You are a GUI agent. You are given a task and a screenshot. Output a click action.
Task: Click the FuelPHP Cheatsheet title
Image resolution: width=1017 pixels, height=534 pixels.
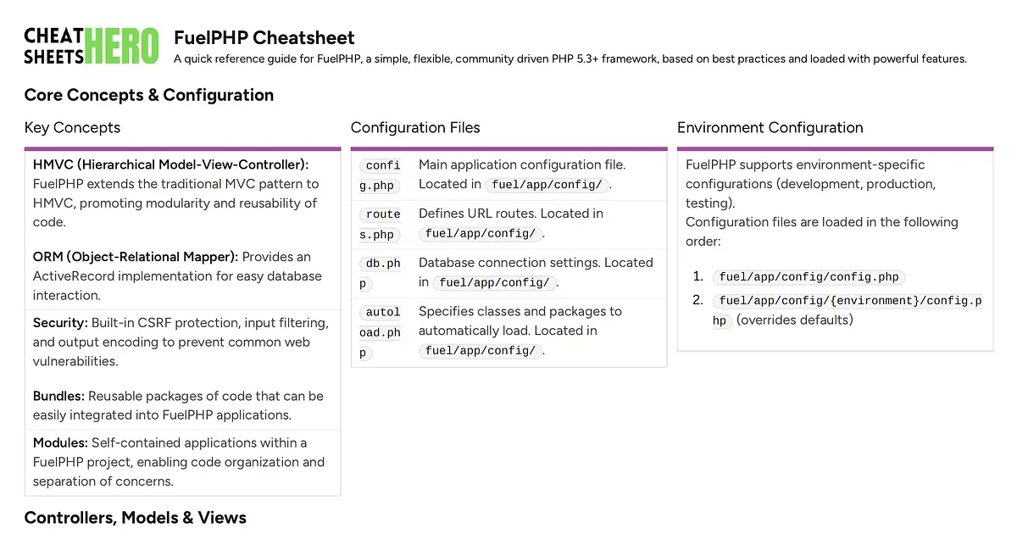pos(264,38)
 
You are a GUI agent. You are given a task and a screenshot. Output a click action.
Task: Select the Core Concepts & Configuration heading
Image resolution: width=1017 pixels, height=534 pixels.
pos(148,95)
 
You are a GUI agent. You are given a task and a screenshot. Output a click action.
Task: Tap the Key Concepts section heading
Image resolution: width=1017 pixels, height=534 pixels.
pos(72,128)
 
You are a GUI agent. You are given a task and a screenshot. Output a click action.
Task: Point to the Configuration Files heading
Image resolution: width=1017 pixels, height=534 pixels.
pos(415,128)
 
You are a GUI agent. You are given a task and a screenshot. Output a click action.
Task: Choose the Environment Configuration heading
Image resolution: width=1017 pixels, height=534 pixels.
pos(770,128)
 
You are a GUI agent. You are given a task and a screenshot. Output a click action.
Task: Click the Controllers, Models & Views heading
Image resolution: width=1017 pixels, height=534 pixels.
pos(135,518)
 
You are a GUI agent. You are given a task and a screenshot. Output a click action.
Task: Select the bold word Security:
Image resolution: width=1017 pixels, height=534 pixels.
pos(60,323)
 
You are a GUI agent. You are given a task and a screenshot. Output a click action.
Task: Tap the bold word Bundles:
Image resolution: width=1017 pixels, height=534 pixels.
pos(58,396)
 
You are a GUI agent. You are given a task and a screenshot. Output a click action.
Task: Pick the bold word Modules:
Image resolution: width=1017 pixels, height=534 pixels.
pos(60,442)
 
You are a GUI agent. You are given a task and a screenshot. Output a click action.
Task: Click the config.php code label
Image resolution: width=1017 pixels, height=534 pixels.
pos(380,175)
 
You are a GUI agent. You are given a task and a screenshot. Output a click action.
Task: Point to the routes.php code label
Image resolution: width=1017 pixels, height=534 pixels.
pos(380,224)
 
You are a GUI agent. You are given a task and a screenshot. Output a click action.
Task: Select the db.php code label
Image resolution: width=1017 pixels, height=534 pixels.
pos(380,273)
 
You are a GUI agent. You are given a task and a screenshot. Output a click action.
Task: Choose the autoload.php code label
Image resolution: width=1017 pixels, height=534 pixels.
pos(380,332)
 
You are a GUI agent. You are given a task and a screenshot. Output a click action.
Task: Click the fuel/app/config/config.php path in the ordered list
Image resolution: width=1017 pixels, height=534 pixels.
pos(809,277)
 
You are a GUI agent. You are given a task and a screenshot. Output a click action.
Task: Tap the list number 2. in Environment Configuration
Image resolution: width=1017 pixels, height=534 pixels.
pos(698,300)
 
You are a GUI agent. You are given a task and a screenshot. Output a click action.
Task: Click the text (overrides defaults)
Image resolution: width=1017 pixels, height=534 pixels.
pos(794,320)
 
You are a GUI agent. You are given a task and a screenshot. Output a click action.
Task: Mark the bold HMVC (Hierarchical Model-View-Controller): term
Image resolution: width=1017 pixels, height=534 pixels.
pos(170,164)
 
